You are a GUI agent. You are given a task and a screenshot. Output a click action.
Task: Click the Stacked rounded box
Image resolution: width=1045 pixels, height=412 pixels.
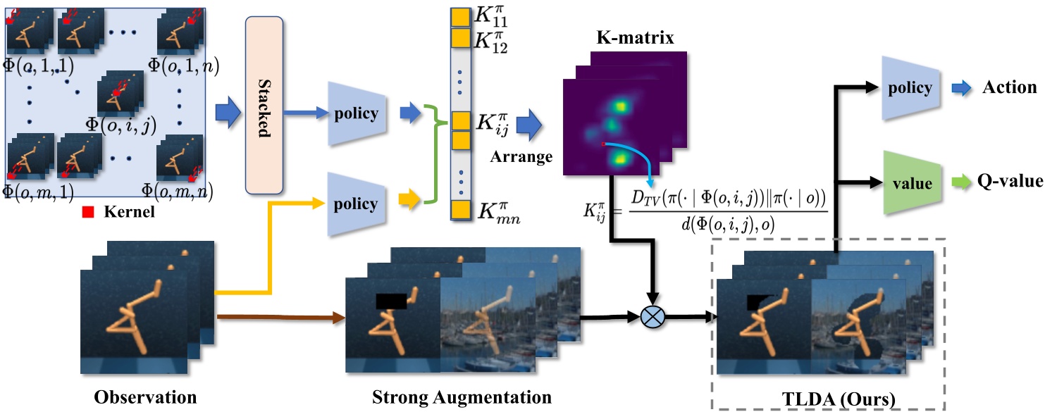coord(264,106)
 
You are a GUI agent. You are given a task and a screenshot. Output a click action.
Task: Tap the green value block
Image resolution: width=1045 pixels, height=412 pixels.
coord(913,183)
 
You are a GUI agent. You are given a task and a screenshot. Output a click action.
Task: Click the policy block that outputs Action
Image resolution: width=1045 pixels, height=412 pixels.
coord(913,88)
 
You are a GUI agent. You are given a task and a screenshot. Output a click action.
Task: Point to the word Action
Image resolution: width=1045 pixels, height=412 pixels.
coord(1011,88)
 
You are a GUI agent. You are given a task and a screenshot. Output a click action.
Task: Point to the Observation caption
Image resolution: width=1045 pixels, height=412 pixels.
coord(146,397)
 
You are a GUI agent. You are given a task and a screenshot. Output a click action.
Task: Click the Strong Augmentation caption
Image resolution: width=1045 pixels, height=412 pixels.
coord(462,397)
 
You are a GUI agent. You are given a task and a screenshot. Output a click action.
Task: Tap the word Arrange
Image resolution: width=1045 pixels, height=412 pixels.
coord(523,156)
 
